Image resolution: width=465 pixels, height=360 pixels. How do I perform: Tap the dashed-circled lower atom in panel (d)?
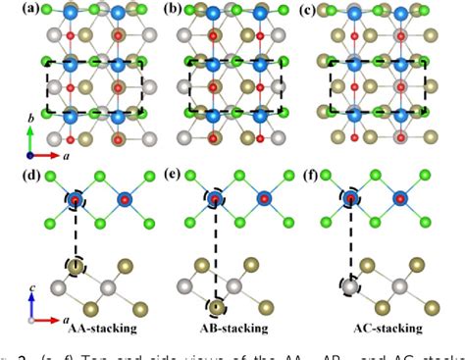tap(76, 266)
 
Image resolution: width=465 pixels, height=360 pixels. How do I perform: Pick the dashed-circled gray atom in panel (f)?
tap(350, 288)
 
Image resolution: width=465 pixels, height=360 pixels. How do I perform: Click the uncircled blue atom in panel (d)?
tap(126, 201)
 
